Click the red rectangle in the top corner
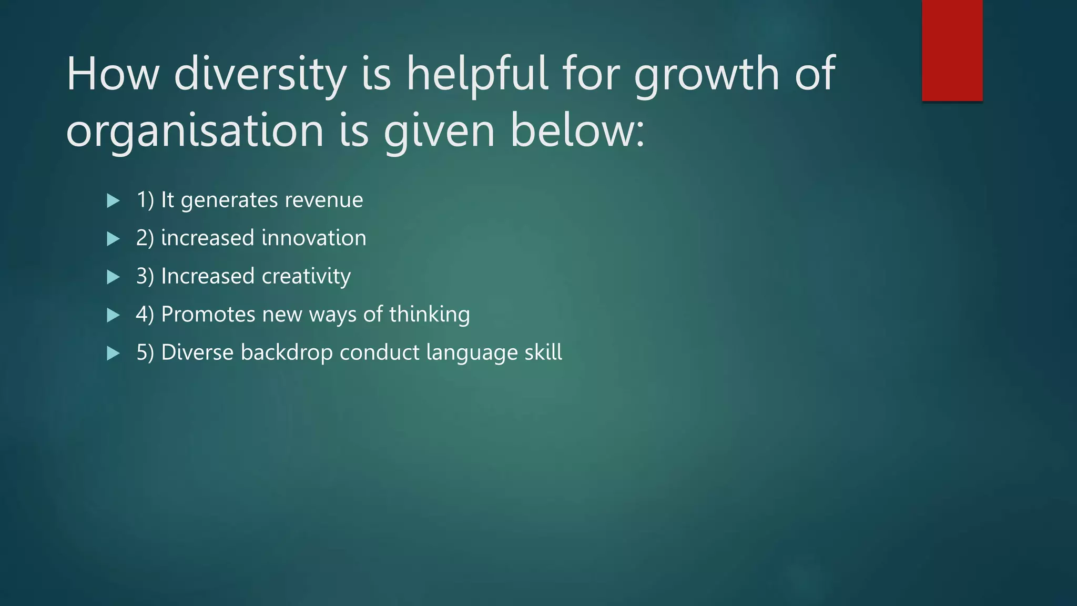(x=952, y=50)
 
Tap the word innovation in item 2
(x=314, y=238)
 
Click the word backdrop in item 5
(x=287, y=352)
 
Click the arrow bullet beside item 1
(x=113, y=200)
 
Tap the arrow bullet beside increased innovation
(x=113, y=239)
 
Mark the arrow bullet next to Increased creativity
(x=113, y=277)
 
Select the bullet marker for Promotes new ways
(x=113, y=315)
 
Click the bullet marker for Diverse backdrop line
(x=113, y=353)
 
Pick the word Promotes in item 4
(x=208, y=314)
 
